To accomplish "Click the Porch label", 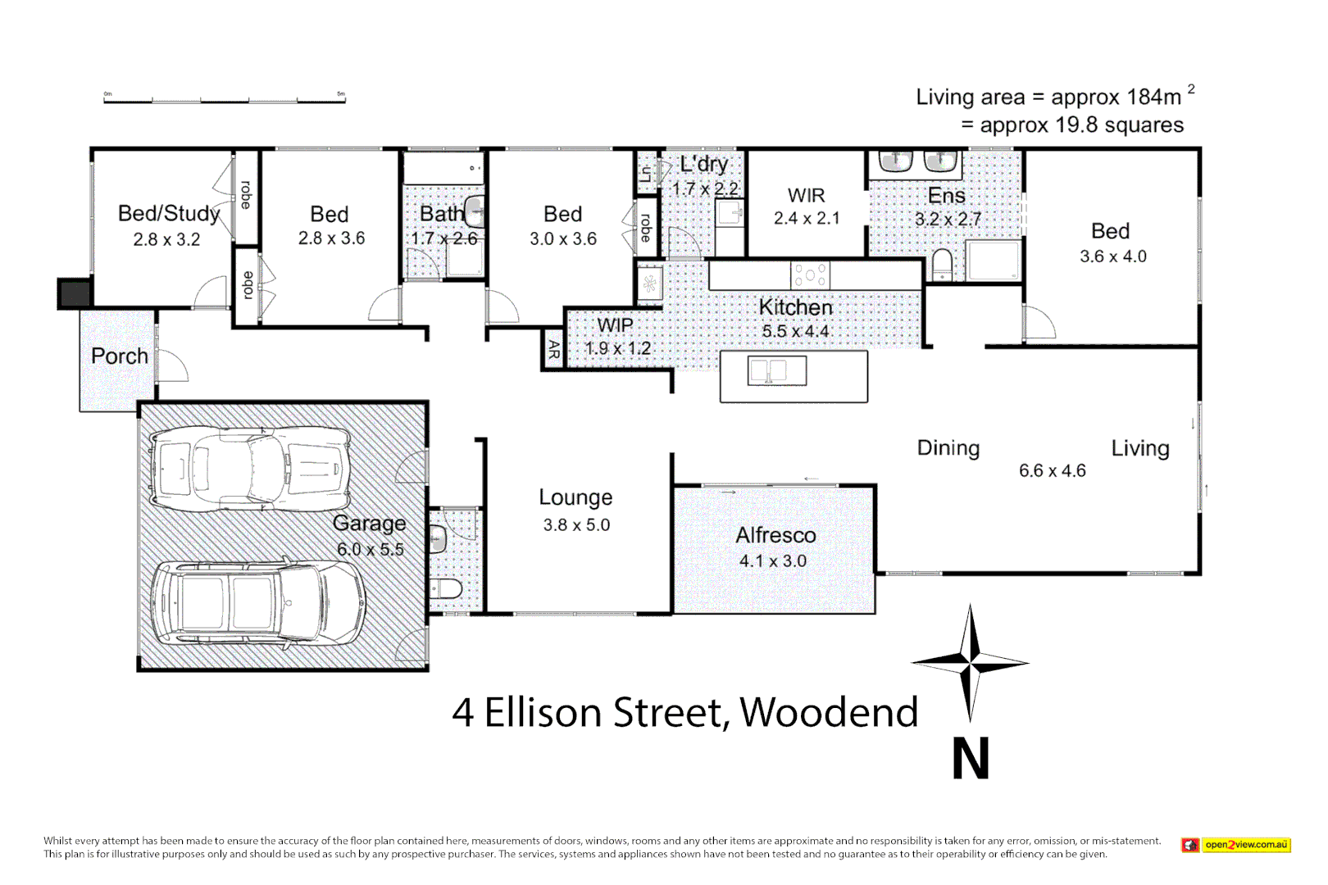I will click(x=120, y=356).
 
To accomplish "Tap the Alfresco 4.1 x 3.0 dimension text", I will click(x=772, y=561).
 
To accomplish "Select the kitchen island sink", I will click(x=776, y=371).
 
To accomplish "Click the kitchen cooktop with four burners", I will click(x=810, y=275).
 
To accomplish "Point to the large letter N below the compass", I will click(x=971, y=759).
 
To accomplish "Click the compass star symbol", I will click(x=971, y=662).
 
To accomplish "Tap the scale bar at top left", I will click(x=224, y=98).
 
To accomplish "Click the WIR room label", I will click(x=806, y=196).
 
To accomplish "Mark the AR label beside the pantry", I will click(x=553, y=350).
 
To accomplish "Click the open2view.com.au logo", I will click(x=1236, y=845).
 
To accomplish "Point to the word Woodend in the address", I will click(x=829, y=712).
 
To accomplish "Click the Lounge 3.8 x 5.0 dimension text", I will click(x=576, y=525).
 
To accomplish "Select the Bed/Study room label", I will click(x=169, y=214).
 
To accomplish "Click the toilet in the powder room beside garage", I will click(x=448, y=588).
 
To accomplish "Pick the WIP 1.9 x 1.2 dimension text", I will click(x=617, y=348).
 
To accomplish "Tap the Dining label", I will click(x=948, y=448).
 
